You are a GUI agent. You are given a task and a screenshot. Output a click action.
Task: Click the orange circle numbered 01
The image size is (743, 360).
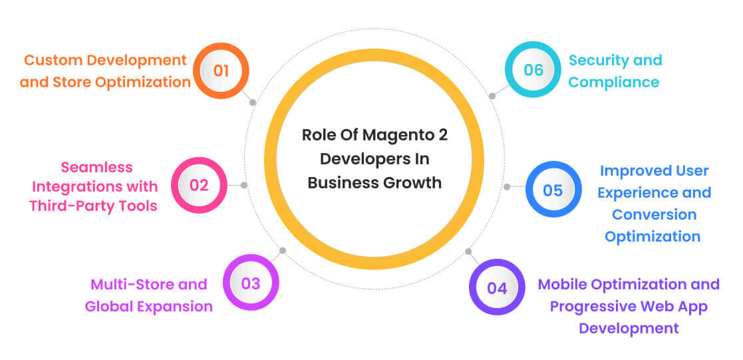pyautogui.click(x=221, y=71)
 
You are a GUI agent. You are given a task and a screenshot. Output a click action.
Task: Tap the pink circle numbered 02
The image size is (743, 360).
pyautogui.click(x=199, y=185)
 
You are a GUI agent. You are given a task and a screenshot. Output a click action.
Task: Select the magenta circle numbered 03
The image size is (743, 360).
pyautogui.click(x=250, y=283)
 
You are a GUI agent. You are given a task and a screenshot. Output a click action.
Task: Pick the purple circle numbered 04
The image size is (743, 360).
pyautogui.click(x=497, y=287)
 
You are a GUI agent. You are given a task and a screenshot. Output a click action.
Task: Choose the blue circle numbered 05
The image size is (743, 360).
pyautogui.click(x=553, y=190)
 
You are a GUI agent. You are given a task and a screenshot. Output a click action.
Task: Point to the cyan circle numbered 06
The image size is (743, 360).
pyautogui.click(x=533, y=70)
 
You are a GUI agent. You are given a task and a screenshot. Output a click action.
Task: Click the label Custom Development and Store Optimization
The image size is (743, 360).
pyautogui.click(x=105, y=71)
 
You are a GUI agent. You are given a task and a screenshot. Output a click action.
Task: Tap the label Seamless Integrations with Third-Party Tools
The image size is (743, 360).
pyautogui.click(x=93, y=186)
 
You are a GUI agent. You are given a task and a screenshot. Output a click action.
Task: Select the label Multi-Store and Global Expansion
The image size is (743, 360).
pyautogui.click(x=148, y=295)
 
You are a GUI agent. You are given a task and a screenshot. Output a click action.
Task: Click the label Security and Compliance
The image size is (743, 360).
pyautogui.click(x=615, y=71)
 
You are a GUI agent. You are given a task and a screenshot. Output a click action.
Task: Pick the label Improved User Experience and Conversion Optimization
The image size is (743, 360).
pyautogui.click(x=653, y=203)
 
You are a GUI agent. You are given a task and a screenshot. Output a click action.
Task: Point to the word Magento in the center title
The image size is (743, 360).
pyautogui.click(x=395, y=135)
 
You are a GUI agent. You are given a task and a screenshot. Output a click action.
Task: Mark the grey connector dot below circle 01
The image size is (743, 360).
pyautogui.click(x=253, y=102)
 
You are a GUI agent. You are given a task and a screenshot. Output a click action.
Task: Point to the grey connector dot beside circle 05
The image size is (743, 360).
pyautogui.click(x=506, y=187)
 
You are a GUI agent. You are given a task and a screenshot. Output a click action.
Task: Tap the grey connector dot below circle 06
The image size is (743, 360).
pyautogui.click(x=492, y=96)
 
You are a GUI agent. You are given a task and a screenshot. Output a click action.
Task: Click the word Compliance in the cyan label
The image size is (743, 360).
pyautogui.click(x=614, y=83)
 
